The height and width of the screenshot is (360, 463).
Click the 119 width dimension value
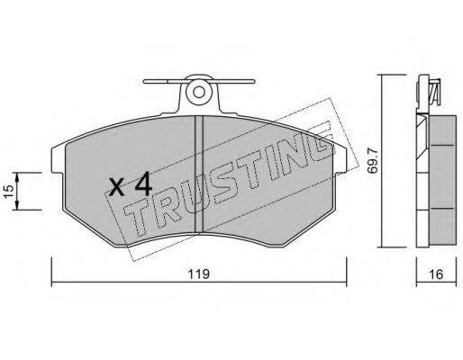(x=198, y=274)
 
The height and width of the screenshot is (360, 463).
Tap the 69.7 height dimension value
(x=373, y=162)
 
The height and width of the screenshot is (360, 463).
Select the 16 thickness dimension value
(x=436, y=274)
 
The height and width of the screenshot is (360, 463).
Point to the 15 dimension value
(x=8, y=191)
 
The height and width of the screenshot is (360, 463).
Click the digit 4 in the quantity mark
(x=143, y=184)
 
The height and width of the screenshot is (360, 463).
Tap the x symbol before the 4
(x=117, y=186)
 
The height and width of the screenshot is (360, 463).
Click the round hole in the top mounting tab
(x=198, y=92)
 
